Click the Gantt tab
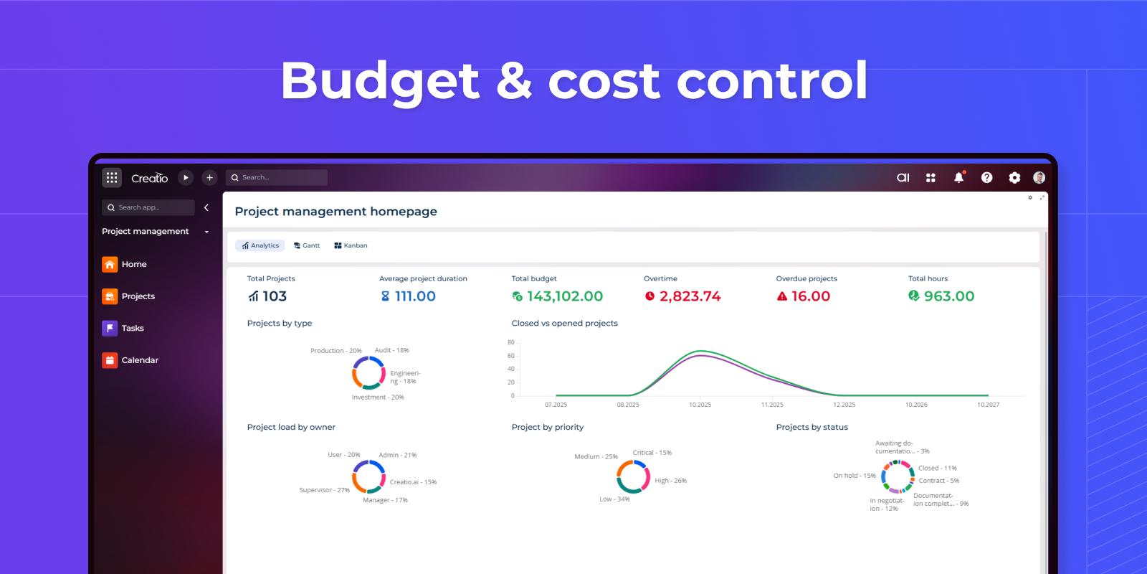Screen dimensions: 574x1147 tap(307, 245)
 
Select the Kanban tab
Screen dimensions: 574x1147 tap(351, 245)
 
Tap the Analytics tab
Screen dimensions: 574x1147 tap(260, 245)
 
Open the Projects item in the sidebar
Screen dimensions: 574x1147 tap(138, 296)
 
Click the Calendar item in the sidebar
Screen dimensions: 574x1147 tap(140, 360)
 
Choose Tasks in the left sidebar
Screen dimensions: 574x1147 tap(132, 328)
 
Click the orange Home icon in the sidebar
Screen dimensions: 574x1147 tap(110, 265)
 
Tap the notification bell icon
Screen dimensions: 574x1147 tap(958, 177)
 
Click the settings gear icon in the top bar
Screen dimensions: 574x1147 tap(1014, 177)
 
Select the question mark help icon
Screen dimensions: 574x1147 tap(986, 177)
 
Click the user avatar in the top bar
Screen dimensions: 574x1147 tap(1039, 177)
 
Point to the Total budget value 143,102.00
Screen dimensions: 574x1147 tap(564, 296)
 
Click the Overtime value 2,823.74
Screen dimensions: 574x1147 tap(690, 296)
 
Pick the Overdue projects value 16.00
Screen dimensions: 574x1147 tap(810, 296)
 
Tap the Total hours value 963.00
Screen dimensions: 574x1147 tap(948, 296)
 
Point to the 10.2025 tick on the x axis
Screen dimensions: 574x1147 tap(700, 405)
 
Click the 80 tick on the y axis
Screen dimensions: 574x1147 tap(511, 342)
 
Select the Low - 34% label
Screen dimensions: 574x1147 tap(614, 499)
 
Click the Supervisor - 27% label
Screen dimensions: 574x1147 tap(324, 490)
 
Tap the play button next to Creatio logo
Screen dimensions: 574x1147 tap(186, 177)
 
